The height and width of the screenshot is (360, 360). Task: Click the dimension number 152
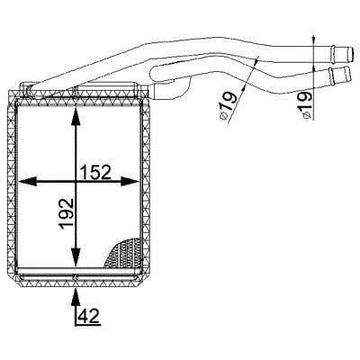95,172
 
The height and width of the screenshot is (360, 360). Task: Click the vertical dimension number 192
67,214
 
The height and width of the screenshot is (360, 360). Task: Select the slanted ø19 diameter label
228,106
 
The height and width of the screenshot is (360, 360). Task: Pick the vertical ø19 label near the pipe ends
307,105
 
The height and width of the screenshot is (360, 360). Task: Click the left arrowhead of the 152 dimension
28,182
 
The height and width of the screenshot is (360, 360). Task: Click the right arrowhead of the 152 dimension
130,182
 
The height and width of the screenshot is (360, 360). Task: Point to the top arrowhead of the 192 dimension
76,117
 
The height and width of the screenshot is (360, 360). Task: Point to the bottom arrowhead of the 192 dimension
76,256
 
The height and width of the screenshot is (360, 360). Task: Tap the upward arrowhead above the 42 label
76,298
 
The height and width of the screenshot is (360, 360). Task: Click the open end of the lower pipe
348,76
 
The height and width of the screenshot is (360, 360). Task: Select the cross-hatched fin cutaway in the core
123,253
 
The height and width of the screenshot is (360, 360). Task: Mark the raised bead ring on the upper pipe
333,53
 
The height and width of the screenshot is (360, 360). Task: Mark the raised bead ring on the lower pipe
331,76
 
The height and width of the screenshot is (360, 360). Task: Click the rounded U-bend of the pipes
152,73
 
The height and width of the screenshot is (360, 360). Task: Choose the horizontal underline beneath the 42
88,325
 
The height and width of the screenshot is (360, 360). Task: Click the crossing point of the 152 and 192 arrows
76,182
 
